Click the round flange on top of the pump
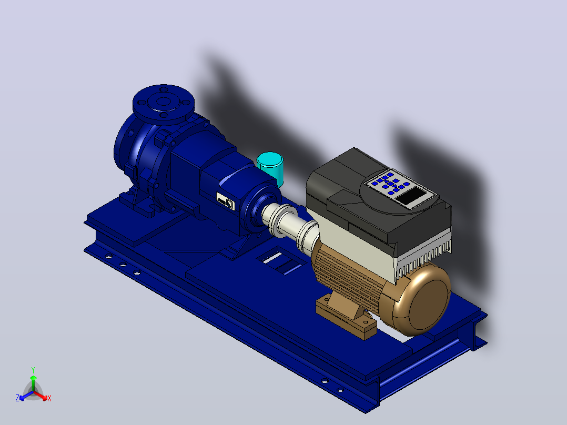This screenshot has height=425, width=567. pos(163,104)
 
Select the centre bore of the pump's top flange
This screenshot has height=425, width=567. pos(164,102)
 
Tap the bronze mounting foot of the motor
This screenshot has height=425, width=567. pos(346,314)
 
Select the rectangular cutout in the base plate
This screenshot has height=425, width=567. pos(278,260)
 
